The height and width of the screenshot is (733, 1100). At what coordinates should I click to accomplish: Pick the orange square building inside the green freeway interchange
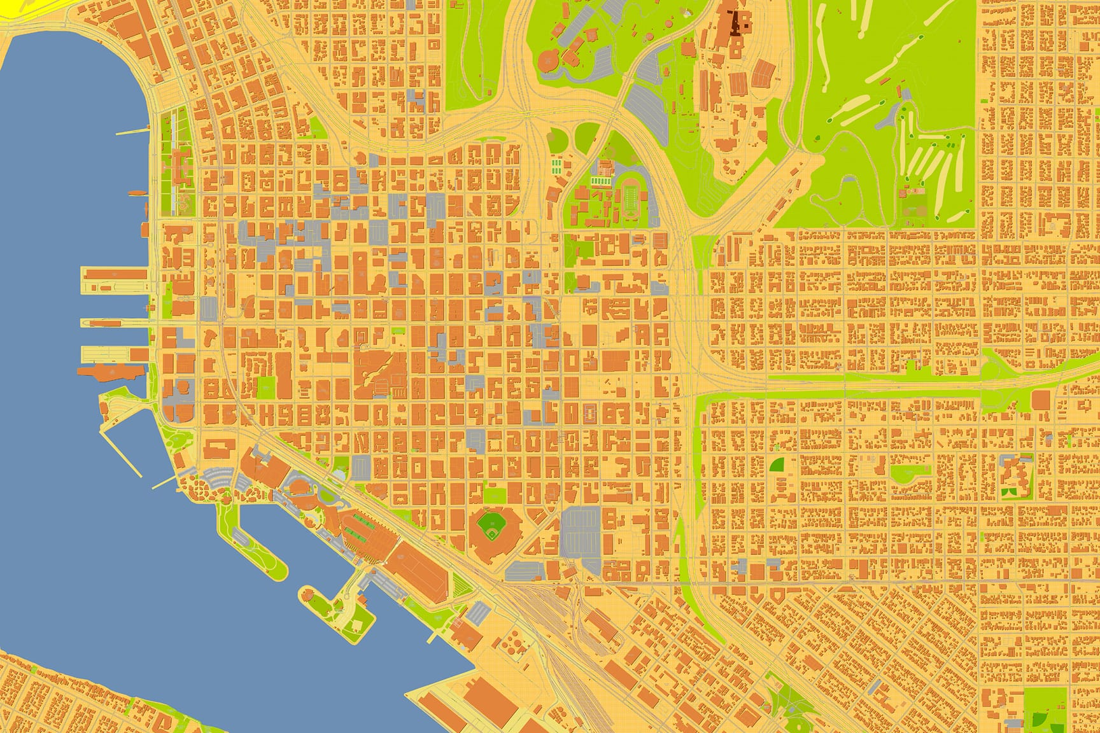(1041, 400)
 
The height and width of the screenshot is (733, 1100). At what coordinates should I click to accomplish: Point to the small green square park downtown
(267, 385)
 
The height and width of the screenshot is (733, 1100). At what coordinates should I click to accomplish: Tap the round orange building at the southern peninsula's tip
(308, 596)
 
